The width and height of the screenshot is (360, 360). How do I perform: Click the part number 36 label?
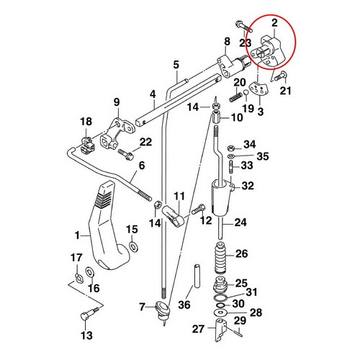(x=184, y=305)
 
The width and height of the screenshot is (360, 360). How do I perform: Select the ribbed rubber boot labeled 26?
(x=220, y=258)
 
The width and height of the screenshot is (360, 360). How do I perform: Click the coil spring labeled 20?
(x=236, y=97)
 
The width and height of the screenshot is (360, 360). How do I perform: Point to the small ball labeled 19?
(x=246, y=93)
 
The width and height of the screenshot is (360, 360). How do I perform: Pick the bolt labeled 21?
(x=281, y=76)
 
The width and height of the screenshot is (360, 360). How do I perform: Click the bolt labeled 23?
(x=244, y=27)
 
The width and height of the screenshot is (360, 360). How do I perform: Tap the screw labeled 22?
(x=126, y=153)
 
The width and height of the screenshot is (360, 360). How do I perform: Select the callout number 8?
(x=227, y=41)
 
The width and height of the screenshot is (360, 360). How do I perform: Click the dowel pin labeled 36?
(x=197, y=276)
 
